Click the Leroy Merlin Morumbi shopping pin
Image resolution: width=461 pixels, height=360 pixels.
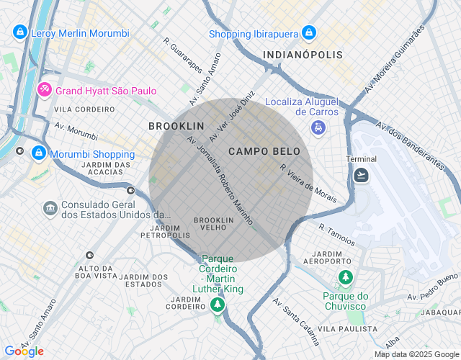[20, 33]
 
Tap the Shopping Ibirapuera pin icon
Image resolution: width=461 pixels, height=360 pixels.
[309, 33]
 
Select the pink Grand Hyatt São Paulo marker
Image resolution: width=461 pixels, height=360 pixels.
[45, 90]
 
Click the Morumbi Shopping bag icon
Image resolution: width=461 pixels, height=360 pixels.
[39, 153]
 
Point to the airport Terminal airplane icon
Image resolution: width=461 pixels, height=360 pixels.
[361, 175]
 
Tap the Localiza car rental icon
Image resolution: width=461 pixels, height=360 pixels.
[318, 128]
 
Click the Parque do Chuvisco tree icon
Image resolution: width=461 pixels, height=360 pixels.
[346, 277]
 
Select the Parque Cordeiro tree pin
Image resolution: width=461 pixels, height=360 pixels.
[217, 305]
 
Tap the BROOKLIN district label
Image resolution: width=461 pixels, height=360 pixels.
[171, 126]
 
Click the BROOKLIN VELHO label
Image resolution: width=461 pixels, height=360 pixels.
[215, 223]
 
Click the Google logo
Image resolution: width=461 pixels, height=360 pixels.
[24, 351]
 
